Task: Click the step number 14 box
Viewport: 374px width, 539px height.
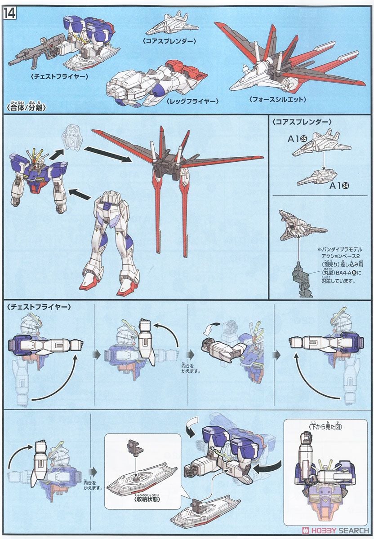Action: [x=9, y=13]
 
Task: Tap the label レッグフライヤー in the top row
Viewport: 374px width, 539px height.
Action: [x=187, y=101]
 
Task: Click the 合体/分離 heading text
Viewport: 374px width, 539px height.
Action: [x=27, y=108]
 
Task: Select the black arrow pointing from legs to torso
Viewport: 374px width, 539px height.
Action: [x=81, y=194]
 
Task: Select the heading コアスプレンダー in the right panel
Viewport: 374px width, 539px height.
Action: [x=302, y=121]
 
